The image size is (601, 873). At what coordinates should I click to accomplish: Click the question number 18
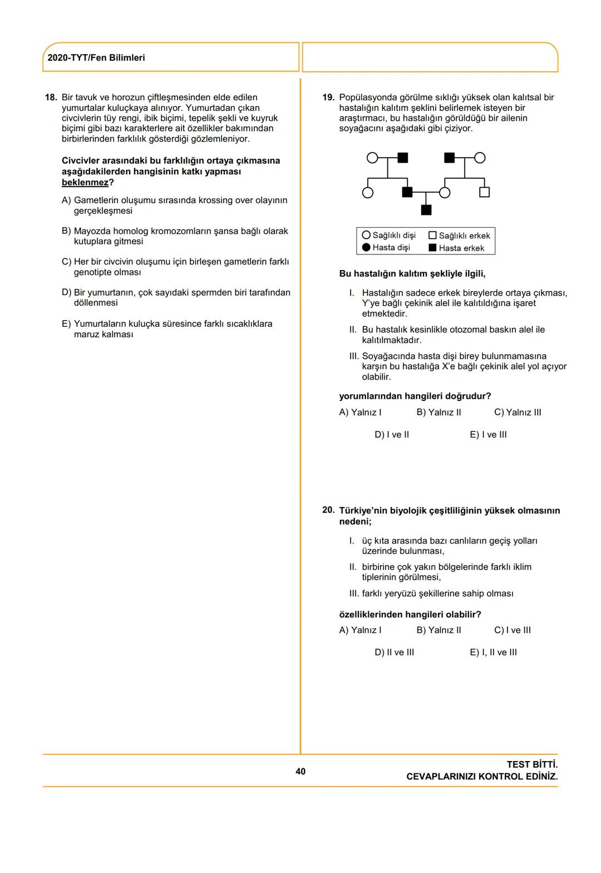(51, 97)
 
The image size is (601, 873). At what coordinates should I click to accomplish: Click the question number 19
(328, 97)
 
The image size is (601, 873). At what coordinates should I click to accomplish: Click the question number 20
(328, 510)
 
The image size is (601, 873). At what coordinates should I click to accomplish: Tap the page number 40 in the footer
(300, 771)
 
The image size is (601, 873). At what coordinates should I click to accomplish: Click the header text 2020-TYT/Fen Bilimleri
(96, 58)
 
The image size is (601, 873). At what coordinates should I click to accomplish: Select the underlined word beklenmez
(85, 183)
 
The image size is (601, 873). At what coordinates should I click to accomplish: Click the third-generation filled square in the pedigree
(426, 210)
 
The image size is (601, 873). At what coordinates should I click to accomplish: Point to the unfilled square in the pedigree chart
(484, 193)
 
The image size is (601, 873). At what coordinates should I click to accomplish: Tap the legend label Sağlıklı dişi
(394, 236)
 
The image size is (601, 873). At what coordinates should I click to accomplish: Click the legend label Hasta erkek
(461, 248)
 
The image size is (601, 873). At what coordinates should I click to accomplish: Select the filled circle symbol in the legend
(366, 248)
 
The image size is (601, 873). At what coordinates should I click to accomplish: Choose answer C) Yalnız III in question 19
(517, 413)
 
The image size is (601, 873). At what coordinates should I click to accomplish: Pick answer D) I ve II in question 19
(392, 435)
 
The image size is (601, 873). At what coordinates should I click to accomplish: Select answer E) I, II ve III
(493, 653)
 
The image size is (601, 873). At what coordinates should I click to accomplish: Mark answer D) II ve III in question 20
(394, 653)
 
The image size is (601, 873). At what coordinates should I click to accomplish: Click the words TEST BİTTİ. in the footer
(532, 764)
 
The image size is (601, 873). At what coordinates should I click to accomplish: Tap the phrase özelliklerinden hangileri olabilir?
(410, 615)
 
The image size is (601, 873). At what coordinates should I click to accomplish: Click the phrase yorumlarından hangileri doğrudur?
(415, 396)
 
